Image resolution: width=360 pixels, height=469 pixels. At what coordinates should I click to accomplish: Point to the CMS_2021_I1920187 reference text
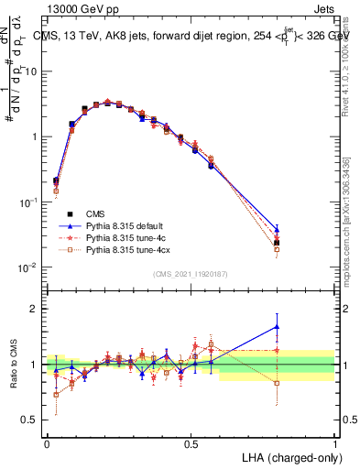191,274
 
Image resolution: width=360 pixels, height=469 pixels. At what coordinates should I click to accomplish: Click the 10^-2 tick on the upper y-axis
31,267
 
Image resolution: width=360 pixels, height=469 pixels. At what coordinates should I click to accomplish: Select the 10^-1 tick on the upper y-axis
31,202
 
